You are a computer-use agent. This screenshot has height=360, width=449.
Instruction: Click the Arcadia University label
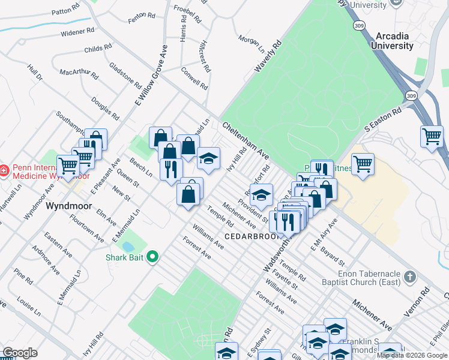tap(392, 40)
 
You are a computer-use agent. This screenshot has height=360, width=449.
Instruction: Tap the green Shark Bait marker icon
tap(152, 257)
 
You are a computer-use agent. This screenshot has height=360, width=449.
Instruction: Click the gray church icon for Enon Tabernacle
tap(410, 277)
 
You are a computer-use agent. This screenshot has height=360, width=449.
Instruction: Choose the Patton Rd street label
tap(65, 11)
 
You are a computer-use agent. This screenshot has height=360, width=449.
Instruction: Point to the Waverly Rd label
tap(268, 57)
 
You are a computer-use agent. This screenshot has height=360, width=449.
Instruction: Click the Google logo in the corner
tap(20, 353)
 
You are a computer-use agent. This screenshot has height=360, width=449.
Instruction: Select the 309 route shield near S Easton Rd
tap(411, 96)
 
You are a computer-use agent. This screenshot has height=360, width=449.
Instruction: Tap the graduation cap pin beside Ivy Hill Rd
tap(208, 158)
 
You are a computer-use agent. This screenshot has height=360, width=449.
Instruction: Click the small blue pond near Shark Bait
tap(128, 246)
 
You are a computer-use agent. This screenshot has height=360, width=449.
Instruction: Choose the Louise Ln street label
tap(29, 305)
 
